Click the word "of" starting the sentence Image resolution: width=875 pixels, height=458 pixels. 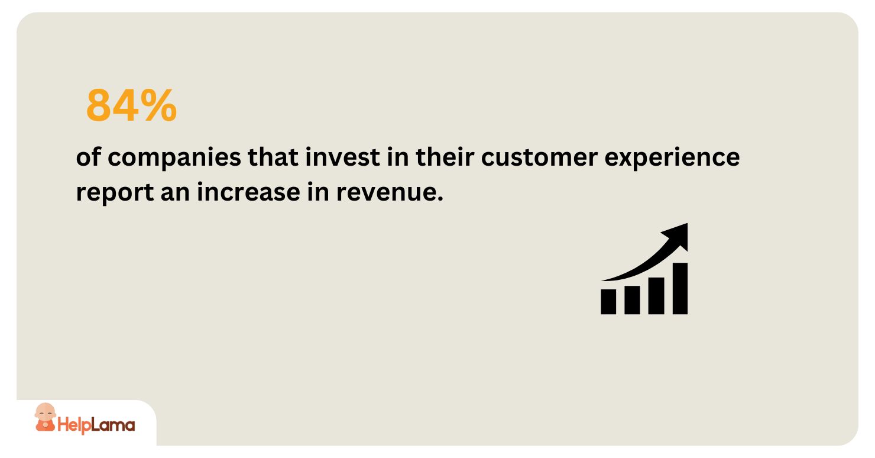click(x=87, y=158)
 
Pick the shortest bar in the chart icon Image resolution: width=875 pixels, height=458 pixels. click(x=608, y=301)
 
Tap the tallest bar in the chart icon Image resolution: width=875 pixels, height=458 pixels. click(x=680, y=288)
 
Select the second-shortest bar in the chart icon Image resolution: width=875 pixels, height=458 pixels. click(x=632, y=299)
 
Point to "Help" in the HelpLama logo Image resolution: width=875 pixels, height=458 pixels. click(x=74, y=425)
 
